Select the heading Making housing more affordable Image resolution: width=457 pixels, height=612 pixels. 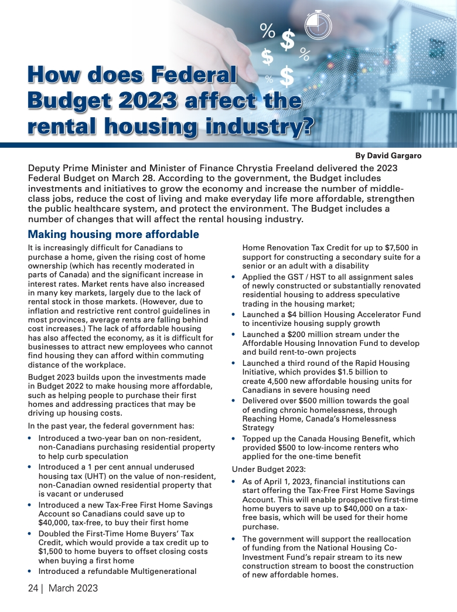point(114,234)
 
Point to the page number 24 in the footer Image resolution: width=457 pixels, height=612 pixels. point(33,588)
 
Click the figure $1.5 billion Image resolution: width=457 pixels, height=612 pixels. point(364,372)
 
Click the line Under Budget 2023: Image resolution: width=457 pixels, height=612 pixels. point(267,469)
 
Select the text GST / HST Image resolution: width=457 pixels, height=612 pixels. point(298,277)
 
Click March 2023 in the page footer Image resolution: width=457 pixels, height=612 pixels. point(73,588)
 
